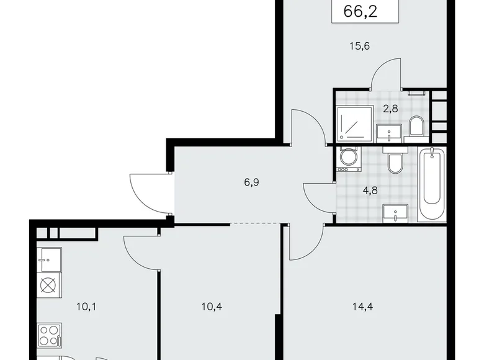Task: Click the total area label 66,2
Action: tap(363, 11)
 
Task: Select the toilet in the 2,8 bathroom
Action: tap(416, 128)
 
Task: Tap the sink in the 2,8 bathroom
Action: tap(393, 131)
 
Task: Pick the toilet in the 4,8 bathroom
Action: tap(394, 163)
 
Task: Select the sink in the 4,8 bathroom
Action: tap(393, 214)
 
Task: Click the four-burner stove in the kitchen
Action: tap(50, 337)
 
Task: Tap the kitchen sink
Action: tap(49, 256)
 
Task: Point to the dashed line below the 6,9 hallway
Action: tap(253, 223)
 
